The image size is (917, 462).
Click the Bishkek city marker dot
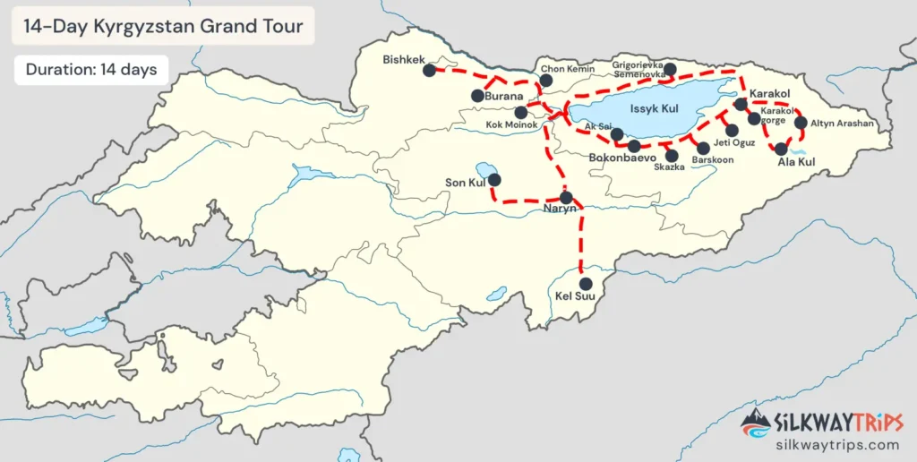pos(430,69)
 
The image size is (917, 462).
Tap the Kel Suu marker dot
pos(586,283)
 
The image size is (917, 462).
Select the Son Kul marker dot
pos(493,179)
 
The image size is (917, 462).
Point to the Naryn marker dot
pos(566,197)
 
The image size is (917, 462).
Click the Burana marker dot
pos(477,95)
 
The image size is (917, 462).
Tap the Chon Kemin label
pos(566,68)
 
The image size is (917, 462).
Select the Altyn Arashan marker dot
pos(801,123)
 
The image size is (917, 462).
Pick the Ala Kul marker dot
pos(781,149)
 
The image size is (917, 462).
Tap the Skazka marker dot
pos(672,155)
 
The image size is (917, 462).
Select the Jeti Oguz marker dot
pos(732,131)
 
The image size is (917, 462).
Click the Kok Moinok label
pos(512,125)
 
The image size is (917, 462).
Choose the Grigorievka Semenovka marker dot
pos(669,69)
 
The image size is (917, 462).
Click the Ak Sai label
pos(597,127)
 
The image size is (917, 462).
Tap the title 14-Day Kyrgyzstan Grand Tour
pos(162,24)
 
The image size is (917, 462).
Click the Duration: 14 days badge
pos(91,69)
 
